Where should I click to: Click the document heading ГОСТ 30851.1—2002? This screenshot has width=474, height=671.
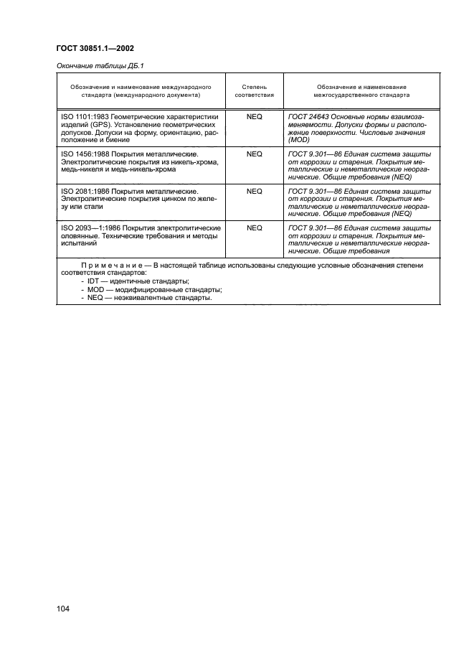click(x=95, y=49)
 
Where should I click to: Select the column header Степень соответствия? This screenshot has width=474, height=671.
click(x=254, y=90)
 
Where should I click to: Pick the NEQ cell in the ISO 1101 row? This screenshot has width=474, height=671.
click(x=254, y=116)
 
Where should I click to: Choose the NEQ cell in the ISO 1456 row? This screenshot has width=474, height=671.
click(x=254, y=154)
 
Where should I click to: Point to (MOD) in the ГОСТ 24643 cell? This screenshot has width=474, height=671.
click(x=298, y=141)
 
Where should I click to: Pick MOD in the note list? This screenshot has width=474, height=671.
click(x=95, y=290)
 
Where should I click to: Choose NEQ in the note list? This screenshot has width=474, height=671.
click(x=95, y=299)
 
